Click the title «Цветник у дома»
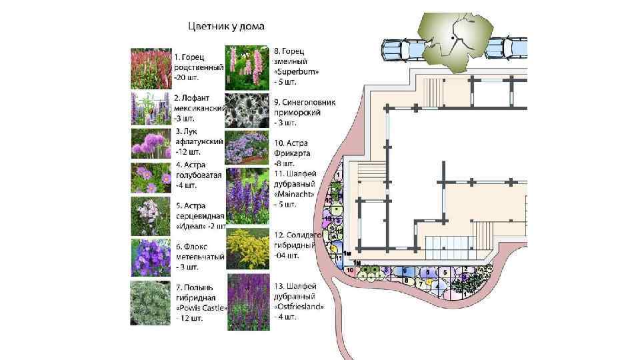point(225,27)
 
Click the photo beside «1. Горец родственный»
point(151,68)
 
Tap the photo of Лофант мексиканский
point(151,109)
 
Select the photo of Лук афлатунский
point(151,143)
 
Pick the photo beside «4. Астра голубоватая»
point(151,178)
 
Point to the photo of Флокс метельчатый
point(151,257)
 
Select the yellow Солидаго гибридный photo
point(247,249)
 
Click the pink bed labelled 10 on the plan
point(351,271)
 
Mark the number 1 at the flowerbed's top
point(339,174)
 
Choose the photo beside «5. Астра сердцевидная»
point(151,217)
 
